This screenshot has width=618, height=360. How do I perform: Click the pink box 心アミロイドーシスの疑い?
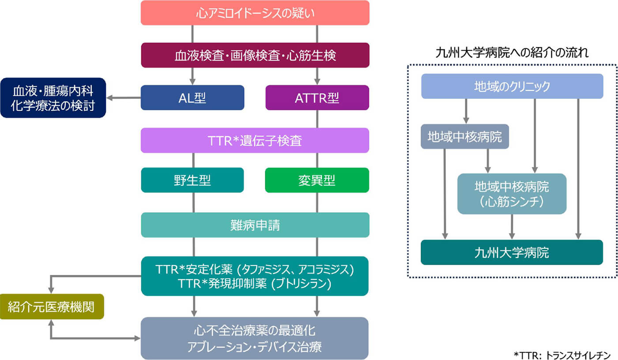coord(255,13)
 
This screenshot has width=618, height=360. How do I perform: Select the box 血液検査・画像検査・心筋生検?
coord(255,55)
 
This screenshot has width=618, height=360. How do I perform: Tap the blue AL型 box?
coord(192,97)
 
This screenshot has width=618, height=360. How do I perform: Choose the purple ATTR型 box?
coord(317,97)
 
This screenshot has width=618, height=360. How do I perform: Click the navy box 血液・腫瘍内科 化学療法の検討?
coord(53,98)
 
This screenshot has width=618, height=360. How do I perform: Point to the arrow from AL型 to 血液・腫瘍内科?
coord(124,98)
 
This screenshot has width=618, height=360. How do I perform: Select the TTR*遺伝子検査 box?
coord(255,140)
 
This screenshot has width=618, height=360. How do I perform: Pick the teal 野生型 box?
coord(192,180)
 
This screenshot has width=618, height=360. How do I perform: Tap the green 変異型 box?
coord(317,180)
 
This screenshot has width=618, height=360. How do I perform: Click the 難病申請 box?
coord(255,225)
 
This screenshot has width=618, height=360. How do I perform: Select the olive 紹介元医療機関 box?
coord(52,307)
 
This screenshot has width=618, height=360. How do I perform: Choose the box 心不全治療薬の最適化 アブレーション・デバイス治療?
coord(254,338)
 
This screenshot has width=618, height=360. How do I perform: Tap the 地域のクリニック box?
coord(512,86)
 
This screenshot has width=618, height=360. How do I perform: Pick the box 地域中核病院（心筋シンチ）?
coord(512,194)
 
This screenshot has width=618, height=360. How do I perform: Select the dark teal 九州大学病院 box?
coord(512,252)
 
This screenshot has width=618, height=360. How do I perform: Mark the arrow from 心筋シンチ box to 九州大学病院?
coord(512,227)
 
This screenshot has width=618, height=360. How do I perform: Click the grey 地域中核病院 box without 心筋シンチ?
coord(465,136)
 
